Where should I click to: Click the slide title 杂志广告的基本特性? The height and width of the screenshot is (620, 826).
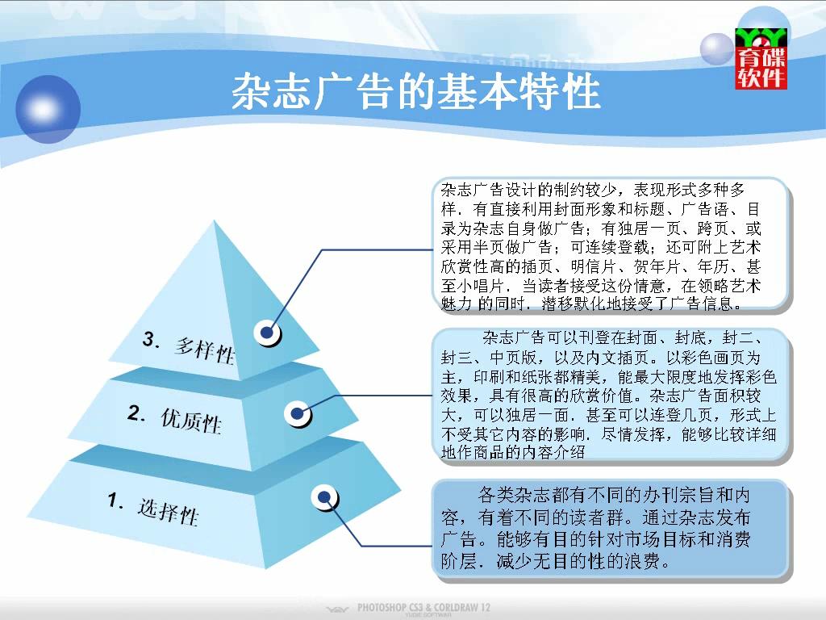pyautogui.click(x=416, y=92)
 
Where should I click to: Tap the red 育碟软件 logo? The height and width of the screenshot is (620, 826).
pyautogui.click(x=761, y=58)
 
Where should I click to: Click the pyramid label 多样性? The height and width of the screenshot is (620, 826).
pyautogui.click(x=204, y=350)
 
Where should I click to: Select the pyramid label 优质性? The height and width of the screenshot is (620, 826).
pyautogui.click(x=191, y=421)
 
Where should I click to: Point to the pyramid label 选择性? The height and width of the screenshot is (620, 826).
pyautogui.click(x=168, y=511)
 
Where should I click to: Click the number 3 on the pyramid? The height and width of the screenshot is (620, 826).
pyautogui.click(x=150, y=339)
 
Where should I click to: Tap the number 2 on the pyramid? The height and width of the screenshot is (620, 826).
pyautogui.click(x=136, y=413)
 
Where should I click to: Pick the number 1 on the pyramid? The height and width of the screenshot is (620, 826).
pyautogui.click(x=115, y=500)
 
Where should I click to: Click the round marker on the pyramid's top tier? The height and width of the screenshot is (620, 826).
pyautogui.click(x=267, y=333)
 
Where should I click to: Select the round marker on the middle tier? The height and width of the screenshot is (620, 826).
pyautogui.click(x=298, y=414)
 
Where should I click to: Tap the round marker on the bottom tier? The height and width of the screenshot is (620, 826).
pyautogui.click(x=324, y=497)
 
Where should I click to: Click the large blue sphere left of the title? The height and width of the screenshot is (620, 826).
pyautogui.click(x=48, y=109)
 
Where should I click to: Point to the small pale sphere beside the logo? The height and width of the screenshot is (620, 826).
pyautogui.click(x=716, y=49)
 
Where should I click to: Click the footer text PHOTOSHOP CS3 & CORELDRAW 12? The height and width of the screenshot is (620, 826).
pyautogui.click(x=423, y=607)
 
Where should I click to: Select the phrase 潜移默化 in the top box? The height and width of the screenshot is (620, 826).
pyautogui.click(x=574, y=304)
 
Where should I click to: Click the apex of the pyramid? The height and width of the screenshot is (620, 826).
pyautogui.click(x=215, y=220)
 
